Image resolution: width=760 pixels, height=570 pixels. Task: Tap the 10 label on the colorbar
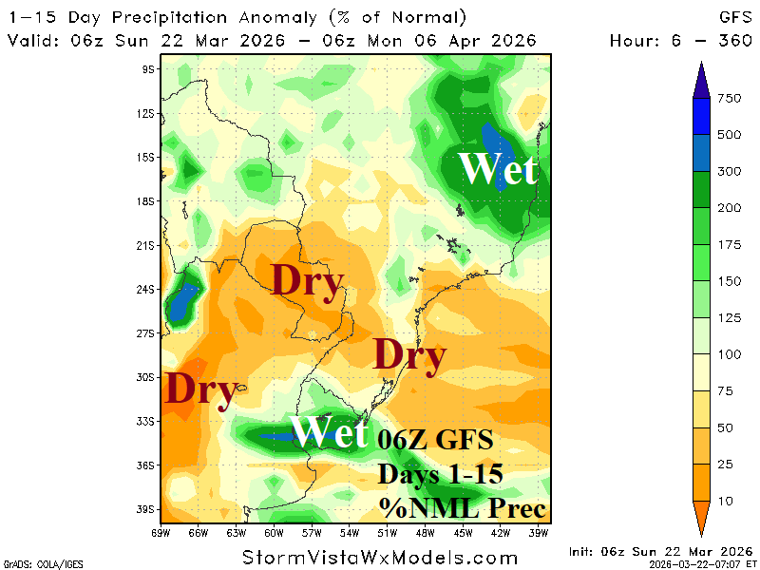coord(731,500)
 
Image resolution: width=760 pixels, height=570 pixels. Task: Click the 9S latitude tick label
coord(148,69)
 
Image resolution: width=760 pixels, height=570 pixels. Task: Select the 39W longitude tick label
coord(540,533)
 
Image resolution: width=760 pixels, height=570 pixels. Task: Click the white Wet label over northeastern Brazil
coord(498,169)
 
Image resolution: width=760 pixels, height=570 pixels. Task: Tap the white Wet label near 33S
coord(329,432)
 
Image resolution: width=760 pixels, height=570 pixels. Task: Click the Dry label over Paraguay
coord(307,281)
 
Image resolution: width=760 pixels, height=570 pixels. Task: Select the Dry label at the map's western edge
coord(200,389)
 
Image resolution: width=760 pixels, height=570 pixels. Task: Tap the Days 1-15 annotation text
coord(438,473)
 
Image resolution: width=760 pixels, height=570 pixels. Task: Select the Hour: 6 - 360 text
coord(680,41)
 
